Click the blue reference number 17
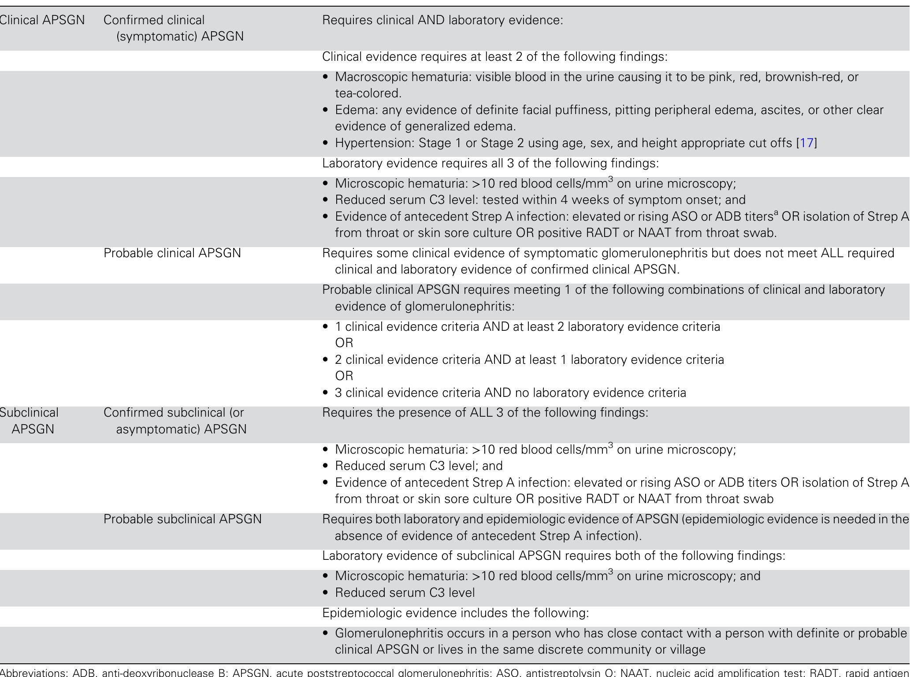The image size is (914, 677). (806, 143)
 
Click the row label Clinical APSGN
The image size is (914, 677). (42, 20)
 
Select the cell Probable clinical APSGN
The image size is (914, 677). (172, 253)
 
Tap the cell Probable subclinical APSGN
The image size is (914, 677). (182, 519)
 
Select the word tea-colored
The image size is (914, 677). (368, 93)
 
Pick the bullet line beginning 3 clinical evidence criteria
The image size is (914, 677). (510, 393)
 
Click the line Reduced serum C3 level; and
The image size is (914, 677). (418, 466)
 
